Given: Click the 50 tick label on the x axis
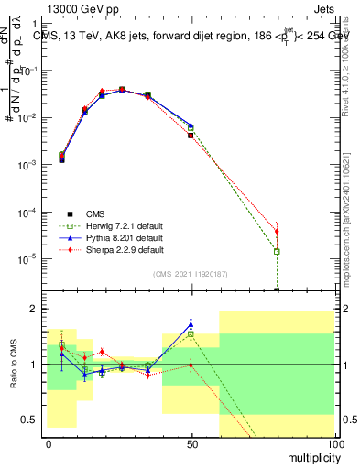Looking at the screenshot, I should tap(191, 442).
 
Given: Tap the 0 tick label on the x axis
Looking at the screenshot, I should tap(49, 442).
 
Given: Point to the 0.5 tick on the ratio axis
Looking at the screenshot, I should tap(32, 420).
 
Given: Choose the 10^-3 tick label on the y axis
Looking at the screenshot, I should tap(27, 165).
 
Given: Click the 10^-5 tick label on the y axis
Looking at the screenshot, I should tap(27, 258).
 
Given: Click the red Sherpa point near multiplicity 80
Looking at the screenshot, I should tap(277, 231).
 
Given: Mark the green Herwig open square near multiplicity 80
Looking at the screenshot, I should tap(277, 251).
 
